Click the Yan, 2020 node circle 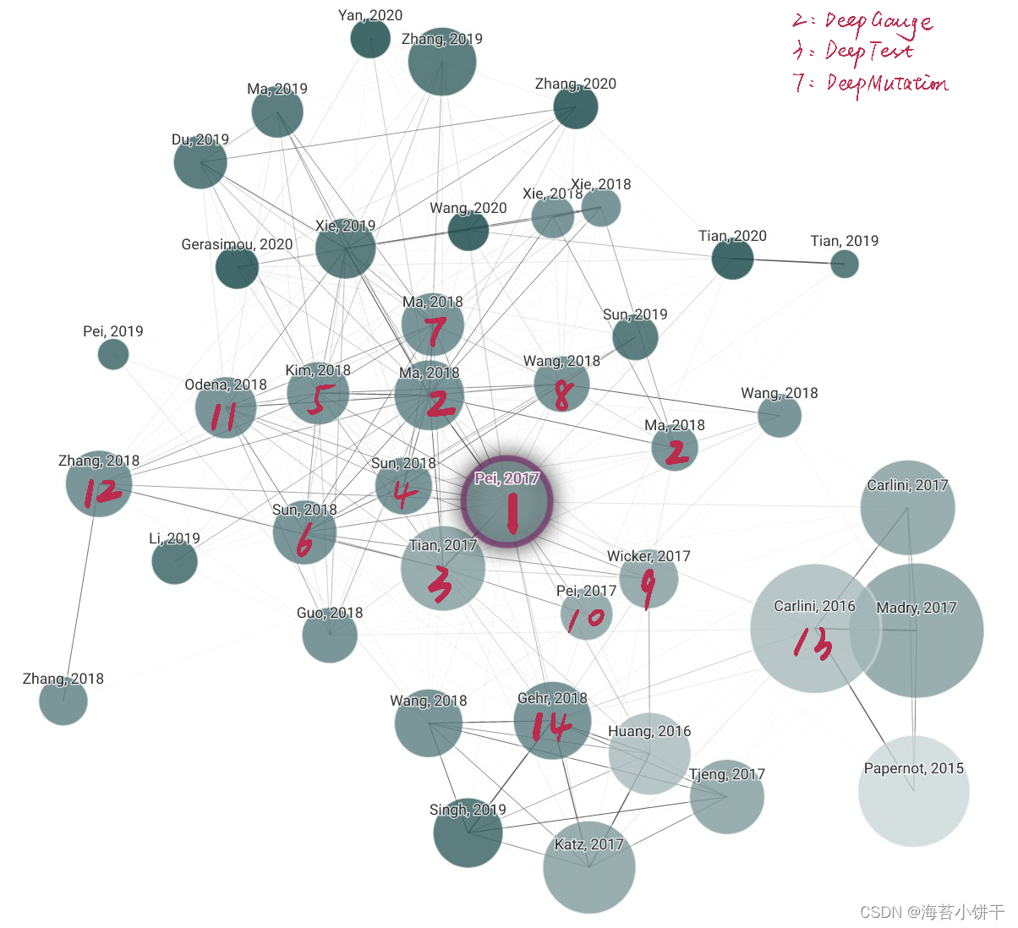pyautogui.click(x=370, y=39)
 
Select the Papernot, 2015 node pyautogui.click(x=913, y=791)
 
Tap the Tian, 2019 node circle pyautogui.click(x=844, y=264)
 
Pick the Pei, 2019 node pyautogui.click(x=113, y=354)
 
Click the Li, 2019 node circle pyautogui.click(x=174, y=561)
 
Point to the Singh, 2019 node pyautogui.click(x=468, y=832)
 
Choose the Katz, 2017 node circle pyautogui.click(x=588, y=867)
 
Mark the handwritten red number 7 pyautogui.click(x=435, y=332)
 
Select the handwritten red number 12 pyautogui.click(x=101, y=491)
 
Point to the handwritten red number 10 pyautogui.click(x=586, y=619)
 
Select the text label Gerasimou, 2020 pyautogui.click(x=237, y=244)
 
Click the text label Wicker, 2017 pyautogui.click(x=649, y=556)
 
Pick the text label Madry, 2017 pyautogui.click(x=917, y=608)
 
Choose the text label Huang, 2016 pyautogui.click(x=649, y=731)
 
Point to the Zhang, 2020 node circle pyautogui.click(x=576, y=107)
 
